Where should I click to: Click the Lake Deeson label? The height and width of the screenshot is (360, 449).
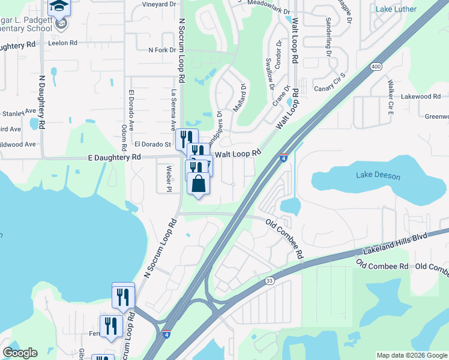(378, 176)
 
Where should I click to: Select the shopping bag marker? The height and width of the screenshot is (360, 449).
(199, 185)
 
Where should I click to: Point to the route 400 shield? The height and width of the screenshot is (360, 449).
(376, 66)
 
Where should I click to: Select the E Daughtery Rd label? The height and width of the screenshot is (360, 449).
(114, 157)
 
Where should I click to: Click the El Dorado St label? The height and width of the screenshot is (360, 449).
(153, 144)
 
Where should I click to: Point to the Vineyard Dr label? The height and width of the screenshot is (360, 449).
(159, 4)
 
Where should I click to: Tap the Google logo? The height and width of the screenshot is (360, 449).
(20, 352)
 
